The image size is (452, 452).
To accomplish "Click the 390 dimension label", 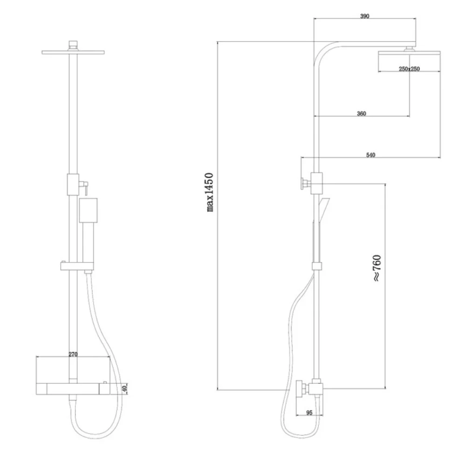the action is [x=365, y=16].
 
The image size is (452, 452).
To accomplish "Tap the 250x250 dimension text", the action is [x=409, y=69].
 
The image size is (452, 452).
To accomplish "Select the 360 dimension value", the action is [x=362, y=114].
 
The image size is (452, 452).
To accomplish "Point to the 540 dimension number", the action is [x=371, y=155].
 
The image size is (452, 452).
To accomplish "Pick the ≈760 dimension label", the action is [x=377, y=268].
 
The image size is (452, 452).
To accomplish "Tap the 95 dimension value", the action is [x=309, y=413].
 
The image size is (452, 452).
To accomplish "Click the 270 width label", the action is [x=73, y=354].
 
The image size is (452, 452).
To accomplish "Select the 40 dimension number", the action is [x=124, y=389].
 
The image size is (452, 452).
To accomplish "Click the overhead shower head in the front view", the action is [x=73, y=53].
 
